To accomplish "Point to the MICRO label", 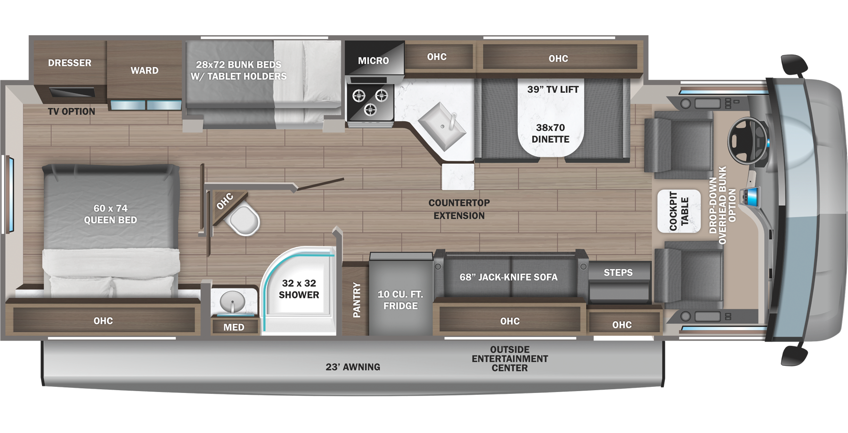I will click(x=374, y=61).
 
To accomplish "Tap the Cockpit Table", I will click(x=679, y=211).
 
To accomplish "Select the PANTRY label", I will click(x=357, y=300).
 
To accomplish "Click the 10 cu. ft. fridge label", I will click(x=400, y=300).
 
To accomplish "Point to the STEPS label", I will click(x=618, y=273).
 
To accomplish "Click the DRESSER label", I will click(x=70, y=63).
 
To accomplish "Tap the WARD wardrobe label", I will click(x=145, y=71).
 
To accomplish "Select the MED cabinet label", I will click(x=234, y=327).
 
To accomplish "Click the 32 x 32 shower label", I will click(x=299, y=289).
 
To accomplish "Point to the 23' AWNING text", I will click(x=353, y=367).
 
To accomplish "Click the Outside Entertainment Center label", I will click(x=510, y=359).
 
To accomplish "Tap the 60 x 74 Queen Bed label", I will click(x=110, y=214).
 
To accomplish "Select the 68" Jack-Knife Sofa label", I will click(x=509, y=277).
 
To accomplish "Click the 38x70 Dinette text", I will click(x=550, y=133).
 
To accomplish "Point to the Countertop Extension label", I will click(x=459, y=209).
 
